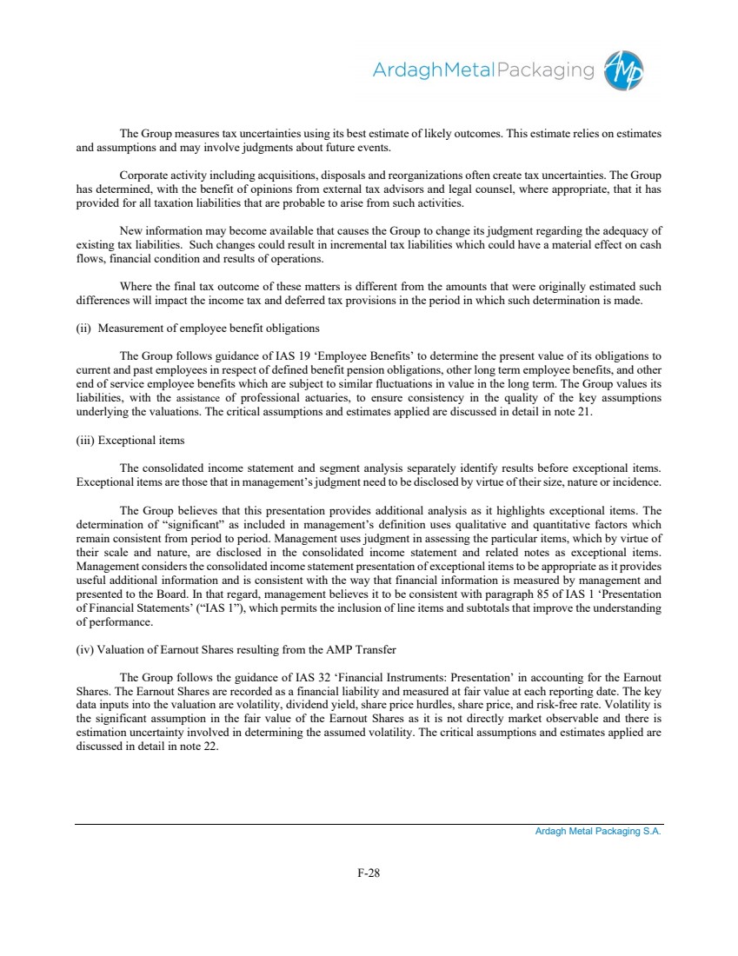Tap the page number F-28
click(369, 873)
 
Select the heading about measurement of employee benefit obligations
click(198, 328)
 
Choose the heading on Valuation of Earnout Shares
click(236, 649)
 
